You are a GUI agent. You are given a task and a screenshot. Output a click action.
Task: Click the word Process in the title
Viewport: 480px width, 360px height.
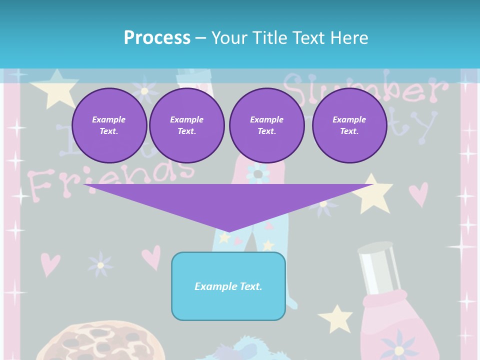tap(157, 37)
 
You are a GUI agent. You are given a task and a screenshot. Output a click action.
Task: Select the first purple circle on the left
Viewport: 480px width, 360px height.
tap(109, 125)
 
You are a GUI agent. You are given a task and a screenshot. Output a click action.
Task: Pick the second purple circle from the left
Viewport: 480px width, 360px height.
tap(186, 125)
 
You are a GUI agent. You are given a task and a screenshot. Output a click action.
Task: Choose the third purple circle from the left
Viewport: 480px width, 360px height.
tap(266, 125)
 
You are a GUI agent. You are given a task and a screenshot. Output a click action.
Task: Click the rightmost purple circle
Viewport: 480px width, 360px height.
tap(349, 125)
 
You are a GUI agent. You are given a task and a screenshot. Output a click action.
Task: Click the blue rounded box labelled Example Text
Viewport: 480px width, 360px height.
tap(228, 286)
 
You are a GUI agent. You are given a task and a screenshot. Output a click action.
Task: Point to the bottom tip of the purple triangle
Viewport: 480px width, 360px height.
tap(228, 230)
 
